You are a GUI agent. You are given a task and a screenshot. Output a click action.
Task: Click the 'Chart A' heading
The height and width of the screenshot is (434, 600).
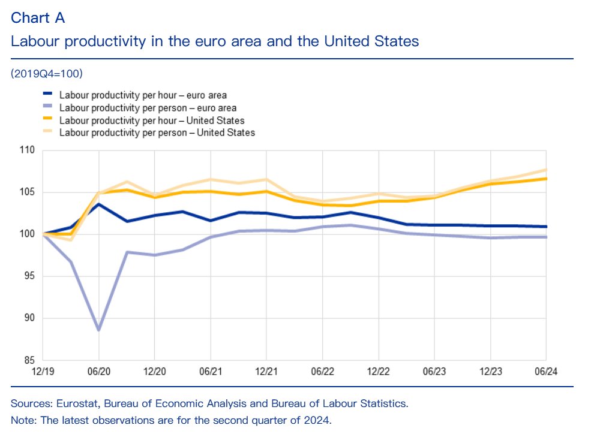38,18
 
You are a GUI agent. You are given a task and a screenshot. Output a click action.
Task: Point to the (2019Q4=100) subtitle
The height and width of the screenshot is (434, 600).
46,74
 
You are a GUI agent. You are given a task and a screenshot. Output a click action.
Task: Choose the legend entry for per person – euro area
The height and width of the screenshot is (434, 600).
148,108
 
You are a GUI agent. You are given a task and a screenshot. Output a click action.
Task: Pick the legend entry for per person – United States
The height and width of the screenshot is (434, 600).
157,132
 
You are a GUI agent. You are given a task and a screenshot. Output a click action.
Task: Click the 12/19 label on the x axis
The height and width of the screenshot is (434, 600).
43,372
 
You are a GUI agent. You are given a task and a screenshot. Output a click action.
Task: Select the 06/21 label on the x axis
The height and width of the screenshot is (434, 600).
211,372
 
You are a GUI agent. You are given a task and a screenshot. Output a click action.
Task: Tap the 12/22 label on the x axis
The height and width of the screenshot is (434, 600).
379,372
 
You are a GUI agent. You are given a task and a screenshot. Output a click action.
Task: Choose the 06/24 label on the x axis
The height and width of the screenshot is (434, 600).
545,372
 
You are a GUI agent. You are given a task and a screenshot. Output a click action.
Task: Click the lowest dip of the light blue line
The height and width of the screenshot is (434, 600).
99,330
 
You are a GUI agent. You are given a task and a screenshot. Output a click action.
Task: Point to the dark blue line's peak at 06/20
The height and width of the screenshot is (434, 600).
99,204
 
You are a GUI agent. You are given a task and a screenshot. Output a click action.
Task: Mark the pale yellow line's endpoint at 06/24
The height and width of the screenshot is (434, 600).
545,170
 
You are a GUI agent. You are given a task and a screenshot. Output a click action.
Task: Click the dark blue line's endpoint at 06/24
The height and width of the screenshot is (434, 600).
545,227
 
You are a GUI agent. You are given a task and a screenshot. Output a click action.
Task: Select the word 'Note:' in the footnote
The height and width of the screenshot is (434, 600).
23,419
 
